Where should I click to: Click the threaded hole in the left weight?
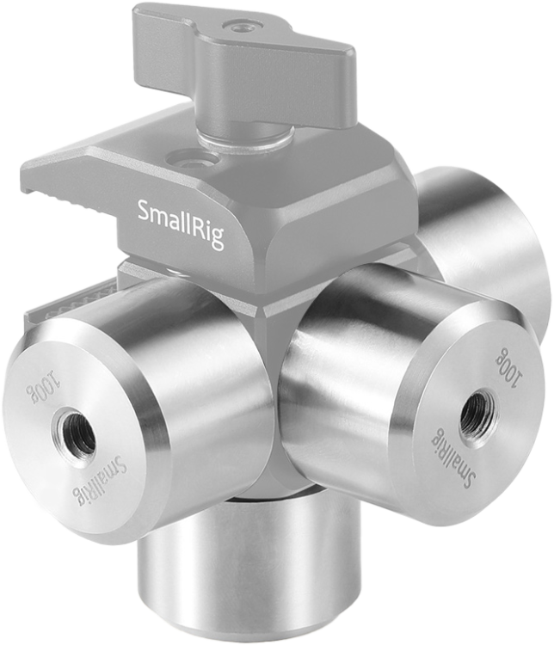pos(74,435)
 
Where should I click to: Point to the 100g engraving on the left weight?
pos(43,388)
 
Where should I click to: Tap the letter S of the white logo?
pos(144,211)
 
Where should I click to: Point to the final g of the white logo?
pos(217,237)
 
